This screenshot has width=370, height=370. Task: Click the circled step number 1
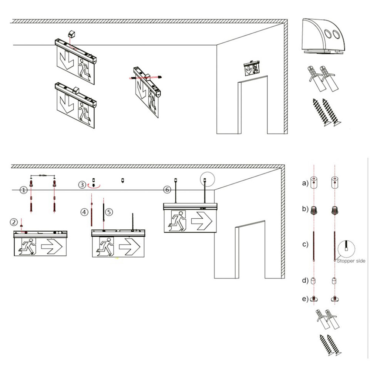23,190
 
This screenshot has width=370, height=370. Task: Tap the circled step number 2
14,222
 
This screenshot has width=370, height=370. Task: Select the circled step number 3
83,185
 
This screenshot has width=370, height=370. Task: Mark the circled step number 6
167,190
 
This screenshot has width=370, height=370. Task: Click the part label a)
305,183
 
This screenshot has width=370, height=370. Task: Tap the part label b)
305,209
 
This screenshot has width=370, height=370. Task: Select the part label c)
305,245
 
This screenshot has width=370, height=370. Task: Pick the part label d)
305,280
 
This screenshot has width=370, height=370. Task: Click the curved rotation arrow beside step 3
94,187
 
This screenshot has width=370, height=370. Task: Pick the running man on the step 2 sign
28,248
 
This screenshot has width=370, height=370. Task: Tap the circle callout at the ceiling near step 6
207,179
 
